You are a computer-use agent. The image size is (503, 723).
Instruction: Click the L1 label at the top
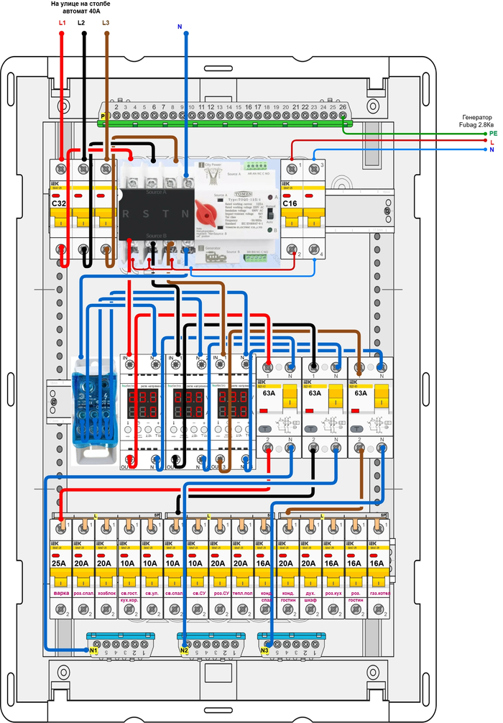pyautogui.click(x=62, y=24)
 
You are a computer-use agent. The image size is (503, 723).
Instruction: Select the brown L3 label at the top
pyautogui.click(x=106, y=23)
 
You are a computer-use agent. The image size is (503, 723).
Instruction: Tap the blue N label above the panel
pyautogui.click(x=179, y=27)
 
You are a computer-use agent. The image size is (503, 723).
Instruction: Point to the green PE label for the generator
pyautogui.click(x=493, y=134)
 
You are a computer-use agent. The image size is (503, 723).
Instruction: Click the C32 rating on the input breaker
pyautogui.click(x=59, y=203)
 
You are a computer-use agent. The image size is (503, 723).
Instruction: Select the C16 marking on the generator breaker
pyautogui.click(x=290, y=203)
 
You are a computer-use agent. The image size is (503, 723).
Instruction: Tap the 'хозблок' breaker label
pyautogui.click(x=107, y=594)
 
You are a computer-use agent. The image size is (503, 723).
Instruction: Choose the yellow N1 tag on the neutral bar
pyautogui.click(x=93, y=651)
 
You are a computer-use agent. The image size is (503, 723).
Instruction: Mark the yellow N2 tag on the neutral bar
pyautogui.click(x=184, y=651)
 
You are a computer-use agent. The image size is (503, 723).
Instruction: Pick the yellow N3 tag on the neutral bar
pyautogui.click(x=264, y=651)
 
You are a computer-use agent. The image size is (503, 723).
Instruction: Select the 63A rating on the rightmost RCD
pyautogui.click(x=359, y=393)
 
